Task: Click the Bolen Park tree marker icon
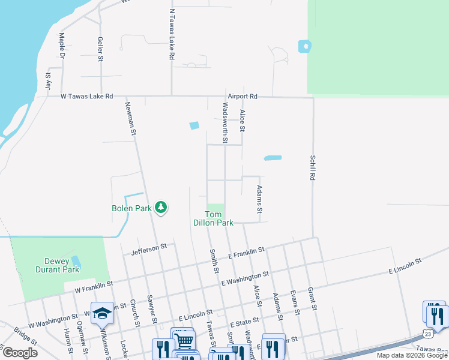(161, 208)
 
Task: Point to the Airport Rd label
(242, 96)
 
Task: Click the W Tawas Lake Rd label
(86, 96)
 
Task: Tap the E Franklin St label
(246, 254)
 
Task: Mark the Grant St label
(311, 298)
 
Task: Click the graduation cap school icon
(103, 313)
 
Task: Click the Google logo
(20, 353)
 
